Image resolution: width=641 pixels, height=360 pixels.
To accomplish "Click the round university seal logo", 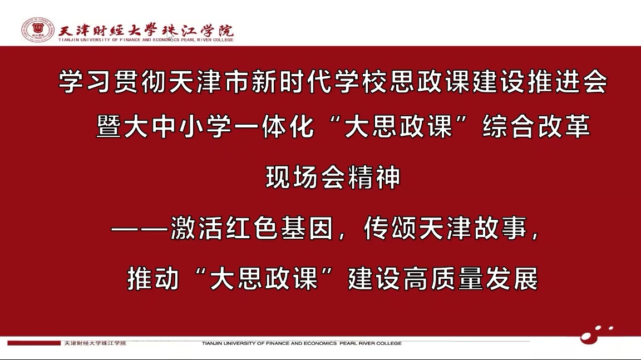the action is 38,29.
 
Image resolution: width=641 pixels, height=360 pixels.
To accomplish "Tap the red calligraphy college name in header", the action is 146,30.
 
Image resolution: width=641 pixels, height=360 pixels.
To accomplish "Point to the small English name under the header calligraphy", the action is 146,40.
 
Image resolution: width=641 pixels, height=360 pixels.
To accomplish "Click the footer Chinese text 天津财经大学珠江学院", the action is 95,343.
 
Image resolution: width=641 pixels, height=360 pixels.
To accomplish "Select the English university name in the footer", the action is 302,343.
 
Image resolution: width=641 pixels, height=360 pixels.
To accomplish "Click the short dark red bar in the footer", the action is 34,343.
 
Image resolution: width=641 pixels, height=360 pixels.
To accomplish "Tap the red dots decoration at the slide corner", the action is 596,334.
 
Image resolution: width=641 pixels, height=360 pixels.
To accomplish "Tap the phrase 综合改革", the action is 536,126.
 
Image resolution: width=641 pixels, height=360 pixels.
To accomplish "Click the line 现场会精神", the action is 333,177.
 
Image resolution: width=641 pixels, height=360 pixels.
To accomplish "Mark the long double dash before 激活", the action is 140,229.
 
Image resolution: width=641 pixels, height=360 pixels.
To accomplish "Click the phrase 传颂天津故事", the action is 445,228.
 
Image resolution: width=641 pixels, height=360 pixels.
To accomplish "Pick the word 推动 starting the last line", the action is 153,279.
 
